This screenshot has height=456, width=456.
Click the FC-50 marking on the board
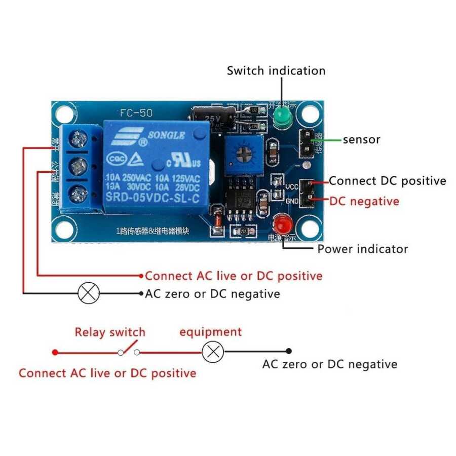(x=136, y=112)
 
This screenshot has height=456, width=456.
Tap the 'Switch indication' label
(x=276, y=70)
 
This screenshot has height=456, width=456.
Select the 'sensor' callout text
(x=361, y=139)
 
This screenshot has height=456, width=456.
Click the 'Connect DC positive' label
(x=388, y=181)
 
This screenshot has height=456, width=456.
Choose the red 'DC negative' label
(x=364, y=201)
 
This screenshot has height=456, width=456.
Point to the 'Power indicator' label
(x=362, y=249)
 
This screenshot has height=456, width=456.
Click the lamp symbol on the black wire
(x=89, y=293)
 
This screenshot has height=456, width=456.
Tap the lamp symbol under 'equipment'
(x=213, y=351)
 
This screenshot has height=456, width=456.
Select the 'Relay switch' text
(x=110, y=332)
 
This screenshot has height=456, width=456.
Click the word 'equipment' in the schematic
(x=210, y=332)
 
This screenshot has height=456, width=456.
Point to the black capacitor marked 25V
(x=213, y=116)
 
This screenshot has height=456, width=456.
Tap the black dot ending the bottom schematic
(x=289, y=351)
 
